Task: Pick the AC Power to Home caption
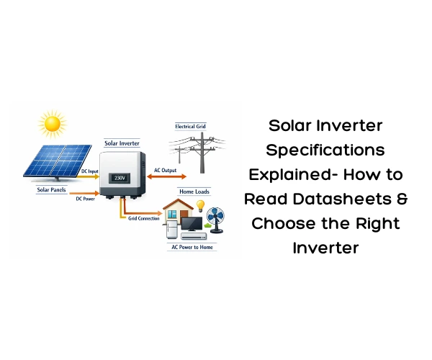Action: click(192, 247)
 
